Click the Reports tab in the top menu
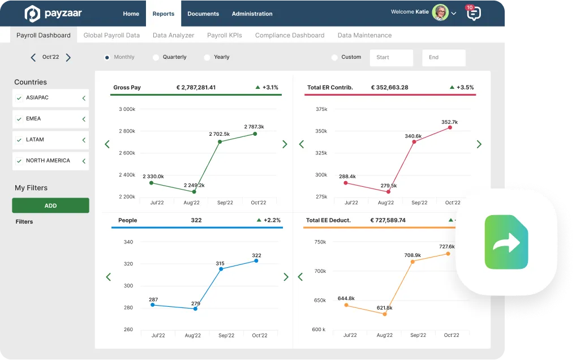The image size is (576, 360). (164, 14)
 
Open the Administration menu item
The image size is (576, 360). (252, 14)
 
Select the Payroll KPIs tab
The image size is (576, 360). (225, 35)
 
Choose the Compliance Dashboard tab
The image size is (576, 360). (290, 35)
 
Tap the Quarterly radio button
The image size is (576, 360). (156, 57)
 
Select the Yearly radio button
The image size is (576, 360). (207, 57)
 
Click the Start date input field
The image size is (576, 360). (391, 57)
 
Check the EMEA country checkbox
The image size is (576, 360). (19, 119)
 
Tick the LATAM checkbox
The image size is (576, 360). (19, 140)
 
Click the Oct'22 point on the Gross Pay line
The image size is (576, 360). (255, 134)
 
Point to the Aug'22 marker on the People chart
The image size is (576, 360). (195, 308)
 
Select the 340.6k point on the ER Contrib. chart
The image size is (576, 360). (414, 142)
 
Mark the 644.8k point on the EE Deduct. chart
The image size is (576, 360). (346, 305)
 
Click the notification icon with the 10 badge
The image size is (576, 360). (474, 13)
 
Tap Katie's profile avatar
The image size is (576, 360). (440, 12)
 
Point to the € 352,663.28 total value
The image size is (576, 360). (389, 88)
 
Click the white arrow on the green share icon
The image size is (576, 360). (506, 243)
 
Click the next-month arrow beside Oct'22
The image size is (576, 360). (68, 57)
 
